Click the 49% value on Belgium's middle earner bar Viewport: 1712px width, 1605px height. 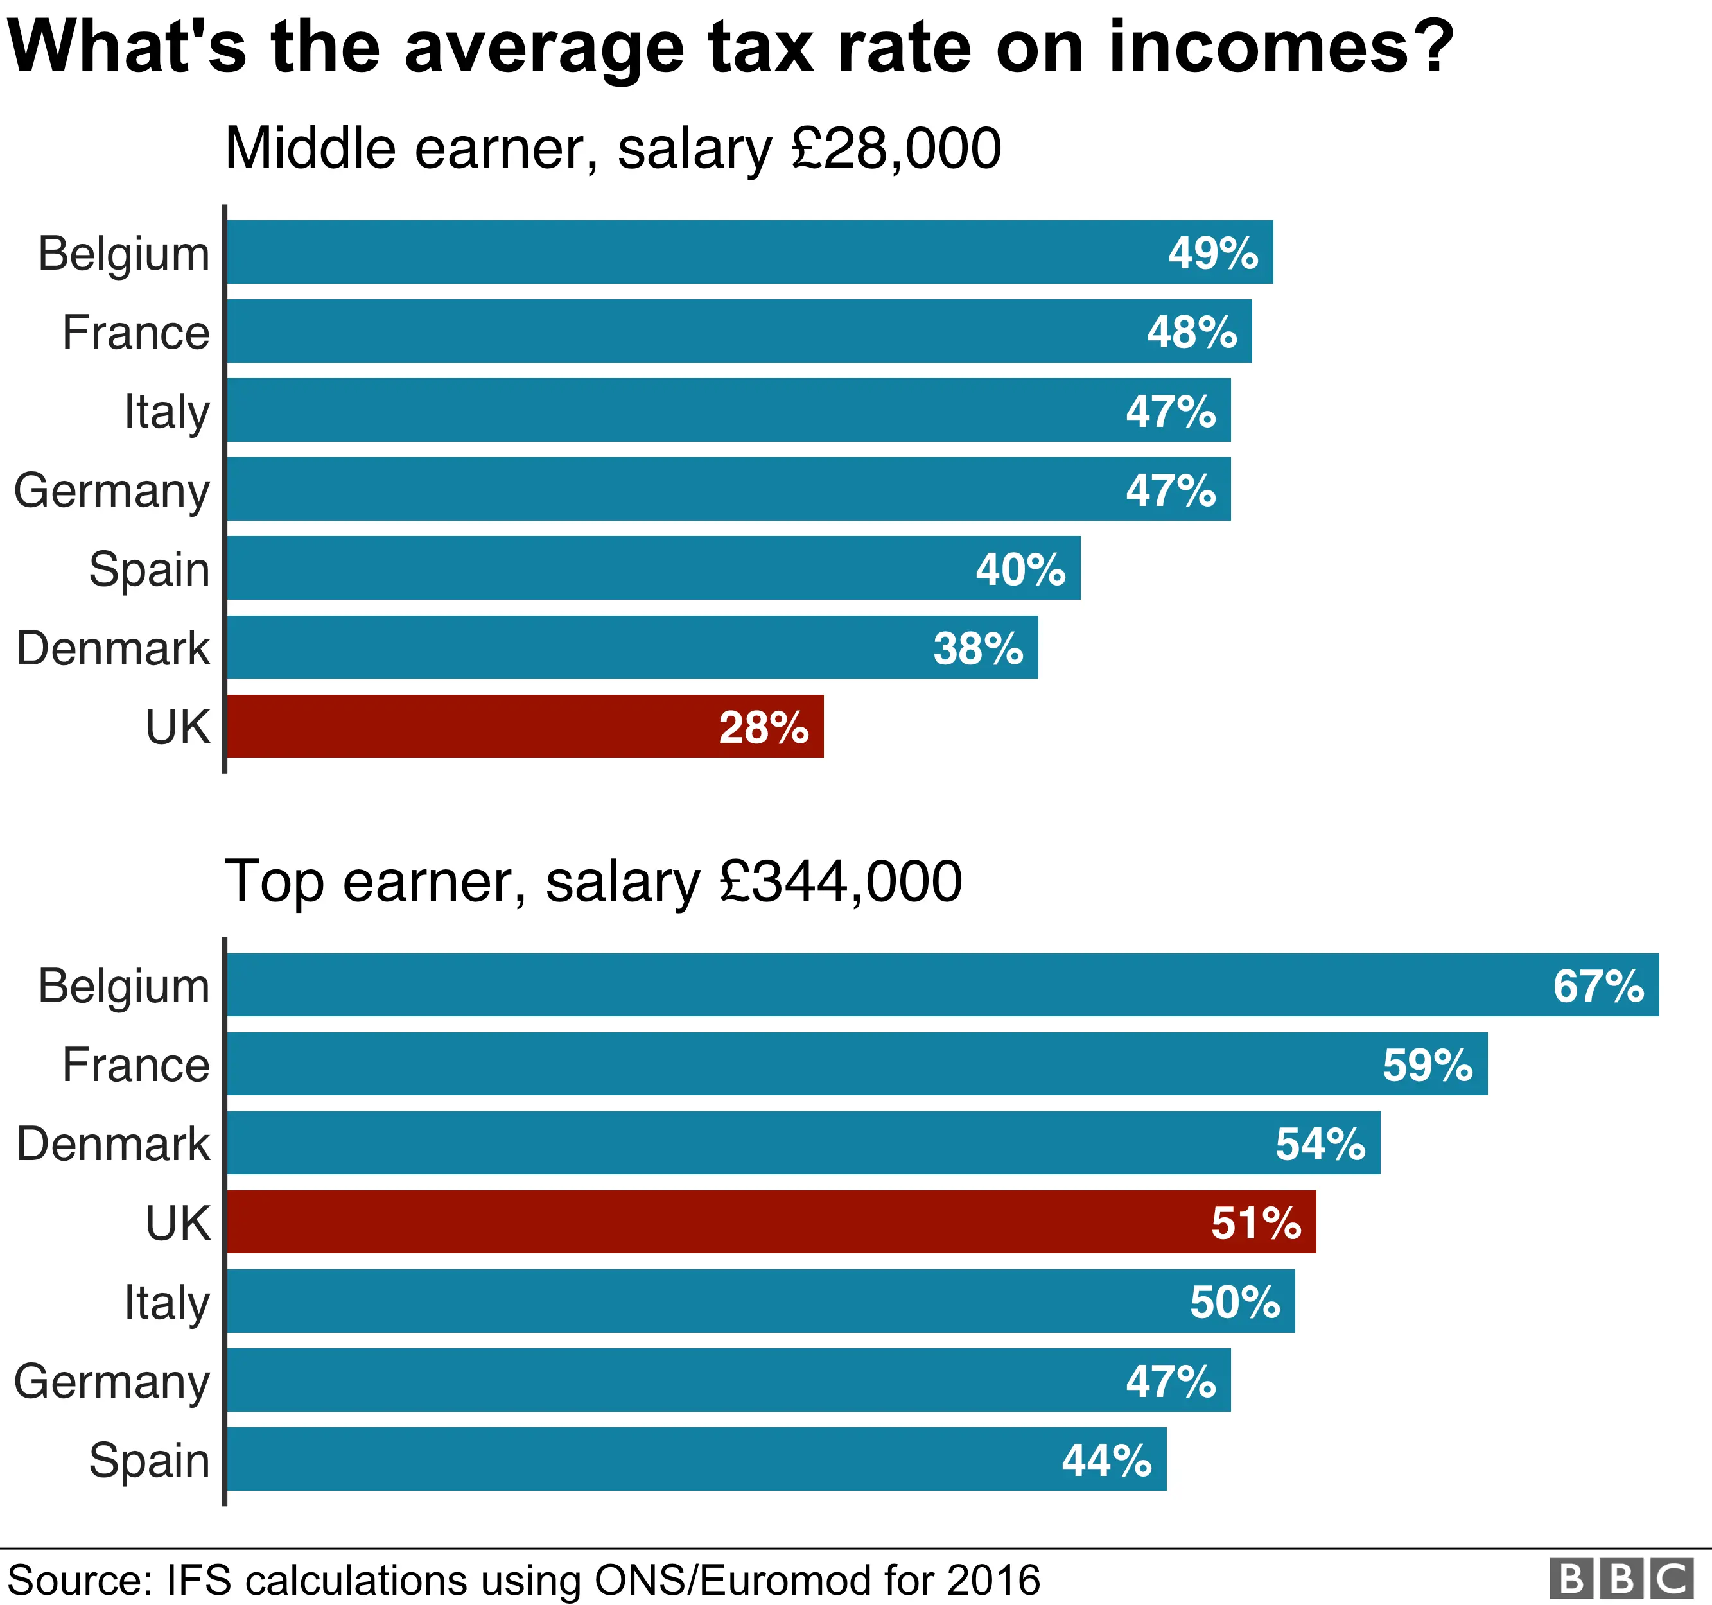[x=1212, y=253]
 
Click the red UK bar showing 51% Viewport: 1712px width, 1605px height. [x=770, y=1222]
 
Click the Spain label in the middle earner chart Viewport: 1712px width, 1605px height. [x=149, y=569]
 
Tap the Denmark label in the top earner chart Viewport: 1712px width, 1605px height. [x=113, y=1143]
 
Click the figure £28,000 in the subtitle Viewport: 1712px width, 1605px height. [x=896, y=149]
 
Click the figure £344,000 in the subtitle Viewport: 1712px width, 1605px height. [x=841, y=881]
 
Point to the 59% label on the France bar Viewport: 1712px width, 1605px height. [x=1427, y=1065]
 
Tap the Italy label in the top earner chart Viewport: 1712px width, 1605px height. [x=166, y=1302]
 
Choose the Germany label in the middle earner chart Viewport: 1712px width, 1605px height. [x=112, y=490]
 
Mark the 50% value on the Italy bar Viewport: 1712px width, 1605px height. [x=1234, y=1302]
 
